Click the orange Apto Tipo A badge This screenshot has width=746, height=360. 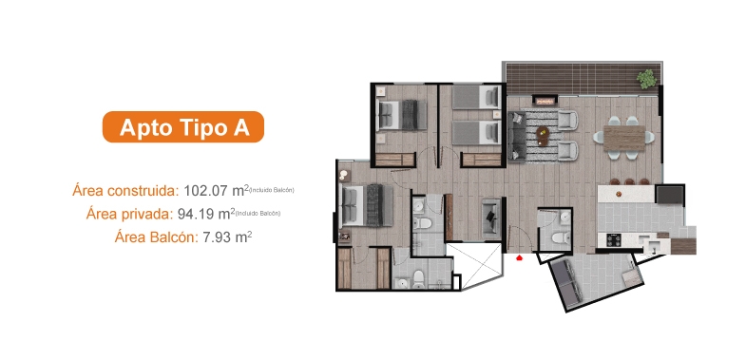pos(182,127)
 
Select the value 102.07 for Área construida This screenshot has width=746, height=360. pos(211,190)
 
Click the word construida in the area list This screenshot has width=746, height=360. pos(143,190)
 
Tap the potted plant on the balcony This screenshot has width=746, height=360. pos(646,76)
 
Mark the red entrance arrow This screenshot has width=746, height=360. pos(519,256)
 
